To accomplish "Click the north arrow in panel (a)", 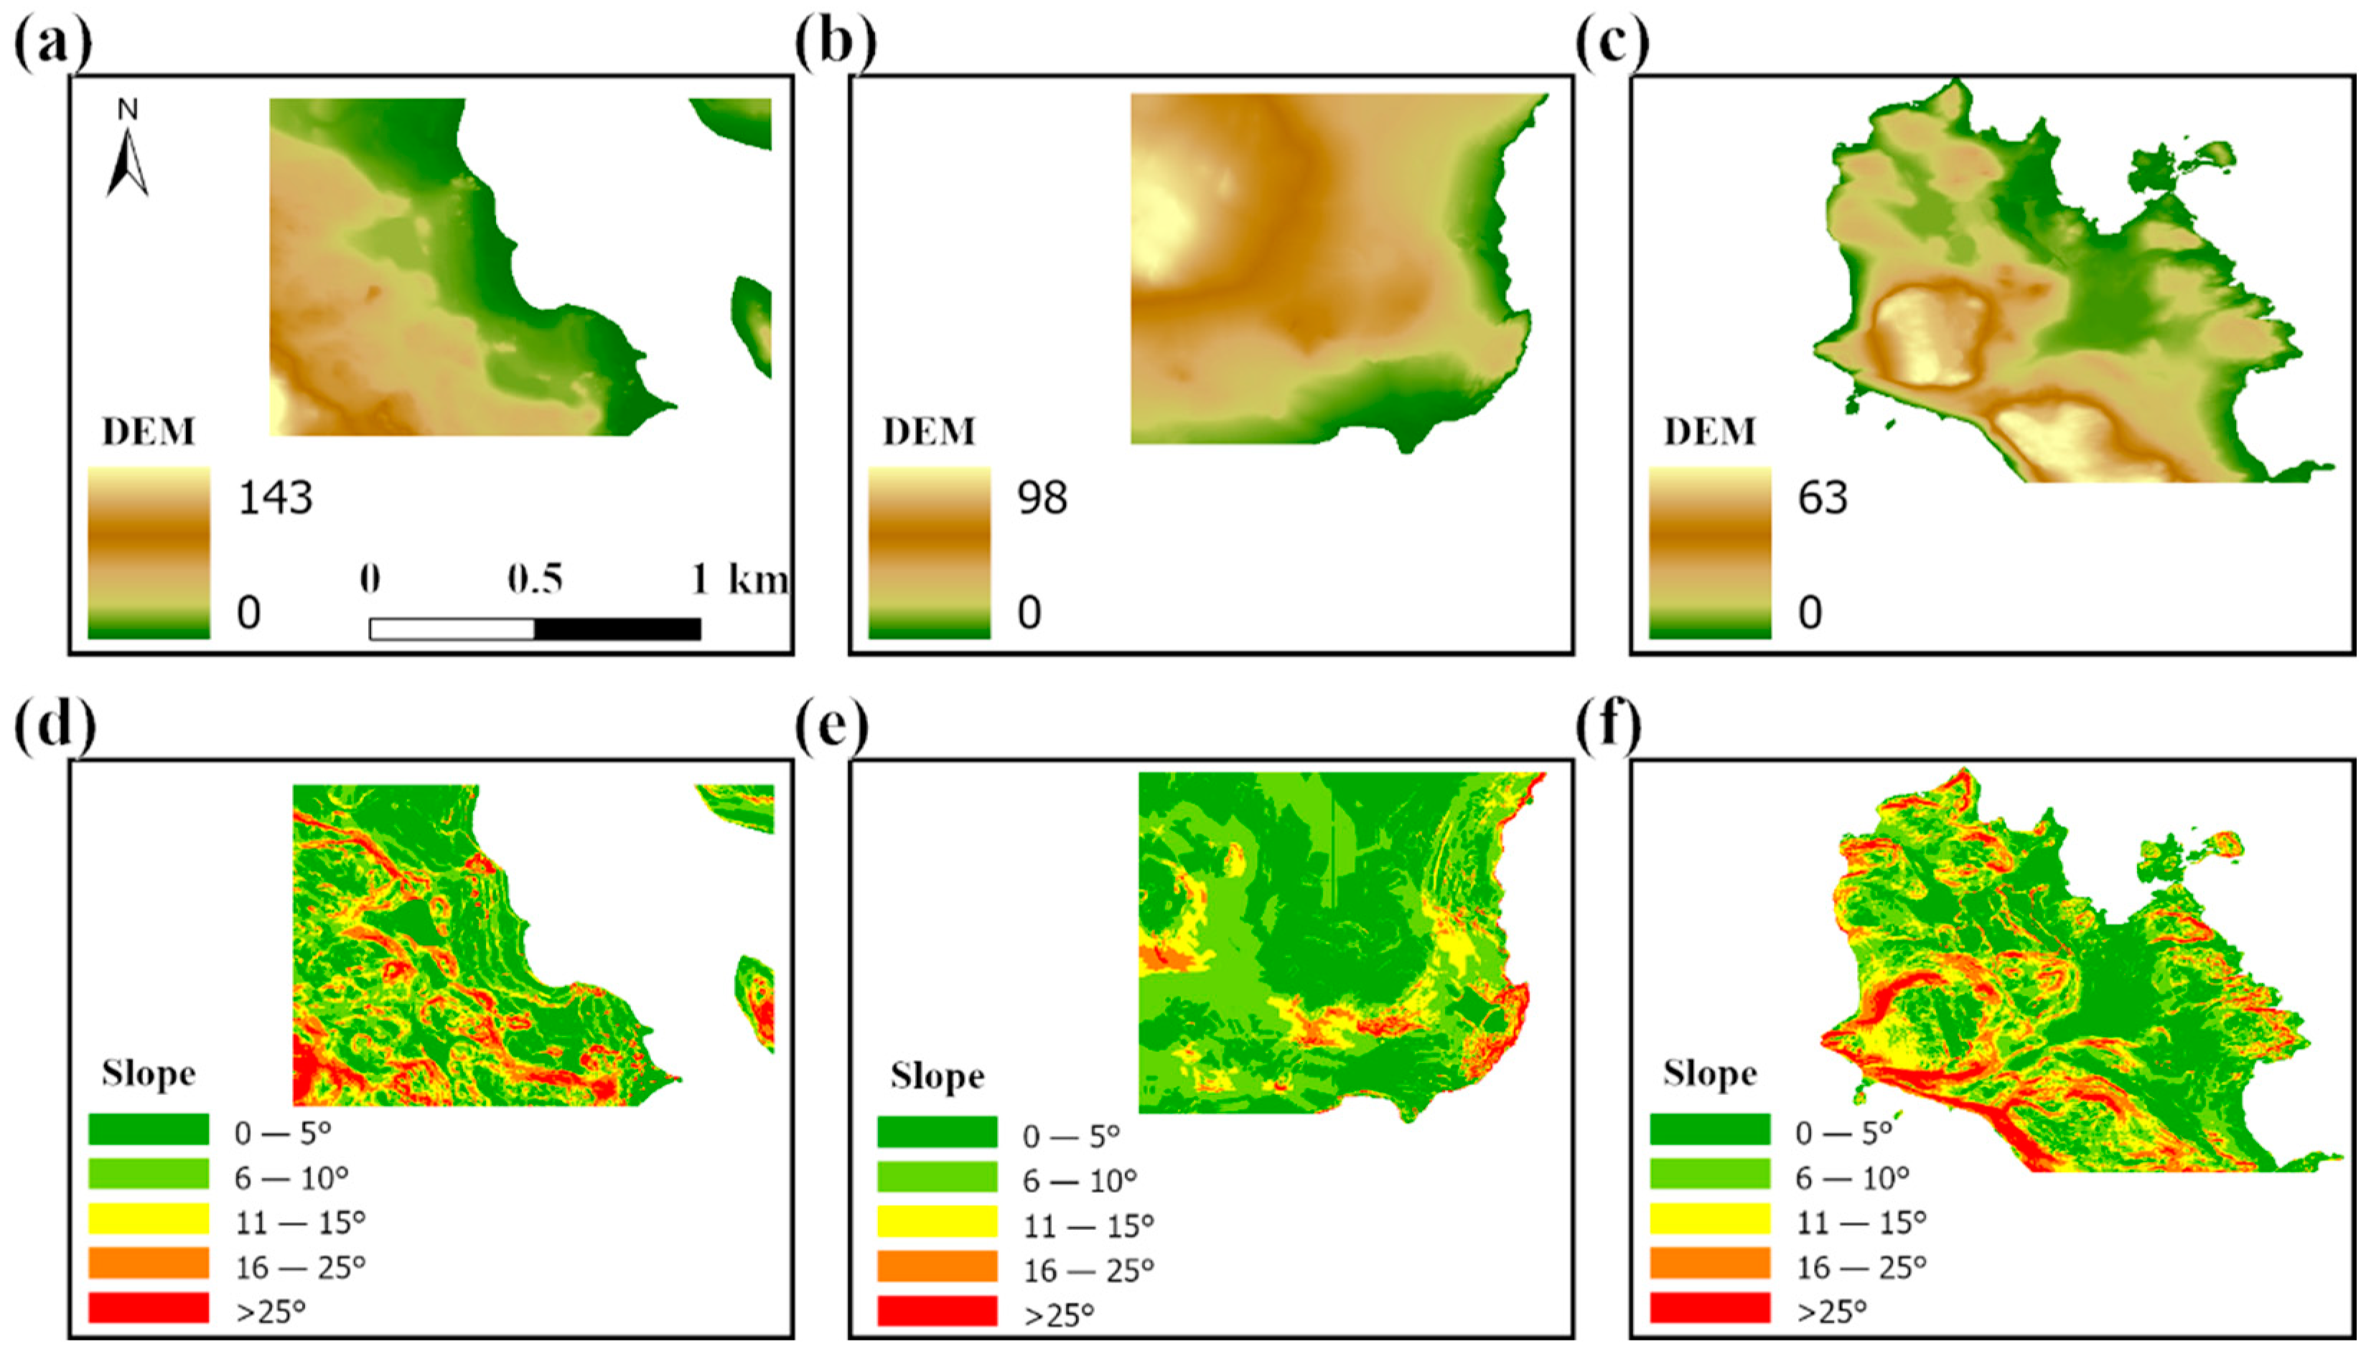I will click(128, 154).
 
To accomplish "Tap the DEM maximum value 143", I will click(276, 499).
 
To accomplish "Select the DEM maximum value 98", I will click(1042, 499).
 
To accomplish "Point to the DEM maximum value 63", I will click(1823, 499).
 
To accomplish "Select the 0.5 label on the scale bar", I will click(535, 580).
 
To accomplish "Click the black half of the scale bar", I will click(617, 629).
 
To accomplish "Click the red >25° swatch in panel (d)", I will click(149, 1307).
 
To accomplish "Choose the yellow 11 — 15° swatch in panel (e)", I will click(937, 1221).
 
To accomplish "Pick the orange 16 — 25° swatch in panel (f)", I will click(1710, 1263).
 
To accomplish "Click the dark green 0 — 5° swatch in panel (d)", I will click(149, 1129).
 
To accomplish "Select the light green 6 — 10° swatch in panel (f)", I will click(1710, 1173).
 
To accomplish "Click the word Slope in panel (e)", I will click(937, 1076).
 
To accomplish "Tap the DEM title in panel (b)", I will click(928, 431).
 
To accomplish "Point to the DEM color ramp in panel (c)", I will click(1710, 553).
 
